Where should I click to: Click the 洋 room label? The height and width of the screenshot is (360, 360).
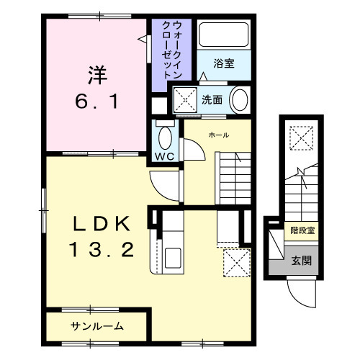(98, 74)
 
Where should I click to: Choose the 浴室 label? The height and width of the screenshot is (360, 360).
(223, 63)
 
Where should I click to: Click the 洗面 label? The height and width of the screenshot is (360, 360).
(211, 99)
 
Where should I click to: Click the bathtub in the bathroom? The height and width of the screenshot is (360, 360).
(223, 35)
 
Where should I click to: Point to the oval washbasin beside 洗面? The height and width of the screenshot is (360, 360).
(239, 100)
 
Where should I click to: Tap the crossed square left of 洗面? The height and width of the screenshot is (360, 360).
(184, 99)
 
